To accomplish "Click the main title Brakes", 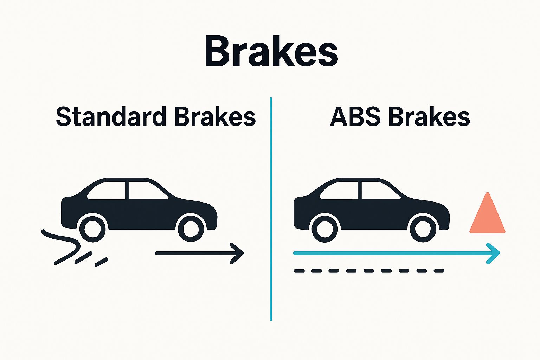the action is (x=271, y=52).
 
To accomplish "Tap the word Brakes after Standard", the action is (x=215, y=117).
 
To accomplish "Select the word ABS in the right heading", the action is (x=355, y=117).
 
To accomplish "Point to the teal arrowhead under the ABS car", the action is (x=494, y=253).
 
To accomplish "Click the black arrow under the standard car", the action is (x=199, y=253).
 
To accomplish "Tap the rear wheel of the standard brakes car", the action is (x=92, y=229).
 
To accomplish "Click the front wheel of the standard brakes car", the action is (x=191, y=229).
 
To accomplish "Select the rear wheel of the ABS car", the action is (x=325, y=229).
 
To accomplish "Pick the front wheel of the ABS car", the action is (x=423, y=229).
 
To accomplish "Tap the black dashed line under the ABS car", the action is (x=369, y=271).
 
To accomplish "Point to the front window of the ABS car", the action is (x=378, y=191).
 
